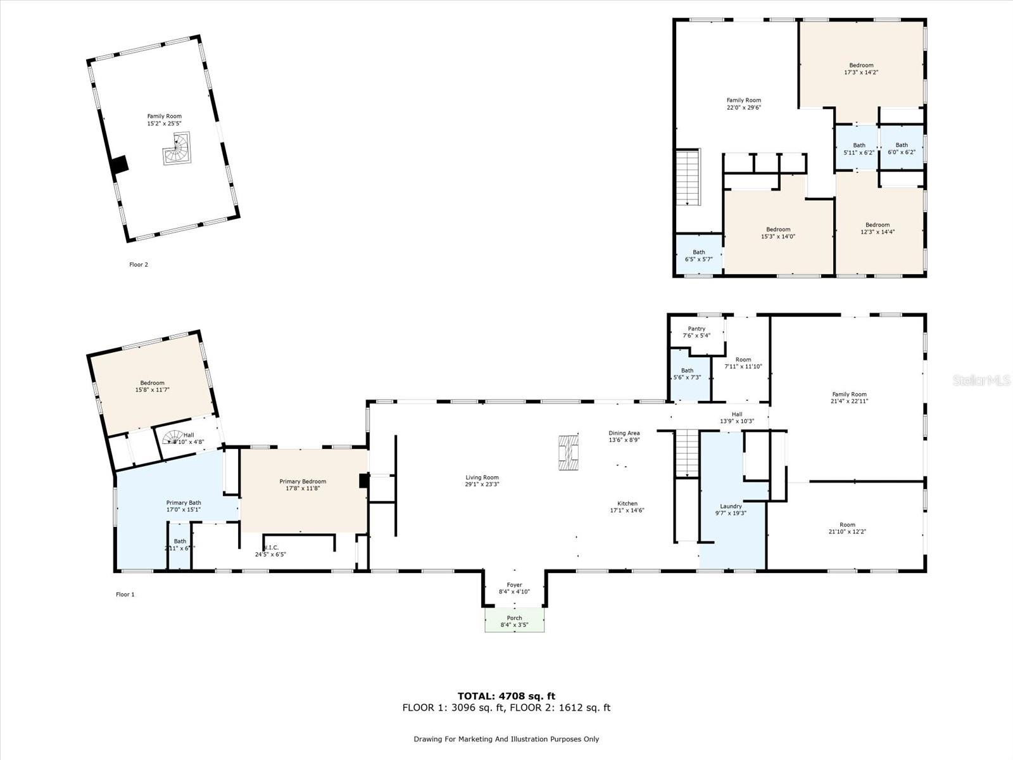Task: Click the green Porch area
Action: click(514, 621)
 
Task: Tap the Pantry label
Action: click(696, 329)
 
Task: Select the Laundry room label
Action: click(731, 506)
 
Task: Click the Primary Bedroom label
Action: click(303, 481)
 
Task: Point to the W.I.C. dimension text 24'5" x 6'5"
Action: click(271, 554)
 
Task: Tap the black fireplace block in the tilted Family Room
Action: click(119, 164)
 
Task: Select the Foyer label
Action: click(514, 585)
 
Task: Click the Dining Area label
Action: click(624, 433)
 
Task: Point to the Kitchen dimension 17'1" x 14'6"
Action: click(627, 510)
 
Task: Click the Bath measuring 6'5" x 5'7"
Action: click(699, 255)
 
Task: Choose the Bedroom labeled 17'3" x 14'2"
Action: click(861, 68)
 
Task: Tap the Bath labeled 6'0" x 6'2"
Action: click(902, 148)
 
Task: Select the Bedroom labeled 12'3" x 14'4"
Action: click(878, 228)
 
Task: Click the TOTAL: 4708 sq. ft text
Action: click(507, 696)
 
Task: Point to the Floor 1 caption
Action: click(125, 594)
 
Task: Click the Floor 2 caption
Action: click(138, 265)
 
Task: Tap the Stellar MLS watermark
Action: click(981, 380)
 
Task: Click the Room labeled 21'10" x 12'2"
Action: click(847, 528)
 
